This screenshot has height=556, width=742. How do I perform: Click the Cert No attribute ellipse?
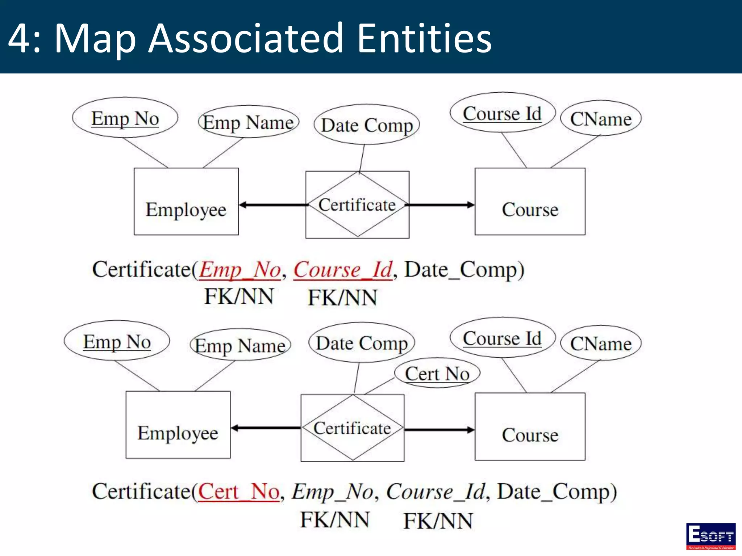[x=437, y=373]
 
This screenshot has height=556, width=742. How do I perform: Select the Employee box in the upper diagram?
[x=186, y=202]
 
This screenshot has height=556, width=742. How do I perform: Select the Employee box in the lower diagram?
[x=178, y=425]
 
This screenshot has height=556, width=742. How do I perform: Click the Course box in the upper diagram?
[x=530, y=202]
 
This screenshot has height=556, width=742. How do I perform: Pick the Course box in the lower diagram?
[x=530, y=426]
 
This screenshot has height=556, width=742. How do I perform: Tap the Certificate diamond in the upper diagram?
[x=357, y=205]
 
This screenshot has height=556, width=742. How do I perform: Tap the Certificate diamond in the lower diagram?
[x=352, y=428]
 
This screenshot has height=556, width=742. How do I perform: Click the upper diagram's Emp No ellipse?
[x=125, y=118]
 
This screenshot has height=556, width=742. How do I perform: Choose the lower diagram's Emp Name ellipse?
[x=240, y=345]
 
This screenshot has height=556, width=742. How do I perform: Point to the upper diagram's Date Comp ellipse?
[x=367, y=125]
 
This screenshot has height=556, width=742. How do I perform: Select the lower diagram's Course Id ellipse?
[x=502, y=338]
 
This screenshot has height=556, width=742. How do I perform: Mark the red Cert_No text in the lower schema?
[x=239, y=492]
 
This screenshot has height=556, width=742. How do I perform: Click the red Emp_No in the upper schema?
[x=240, y=270]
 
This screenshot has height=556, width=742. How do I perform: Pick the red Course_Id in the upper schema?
[x=343, y=270]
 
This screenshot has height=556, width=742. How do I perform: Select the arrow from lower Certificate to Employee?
[x=266, y=428]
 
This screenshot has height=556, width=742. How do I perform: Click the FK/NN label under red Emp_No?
[x=239, y=296]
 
